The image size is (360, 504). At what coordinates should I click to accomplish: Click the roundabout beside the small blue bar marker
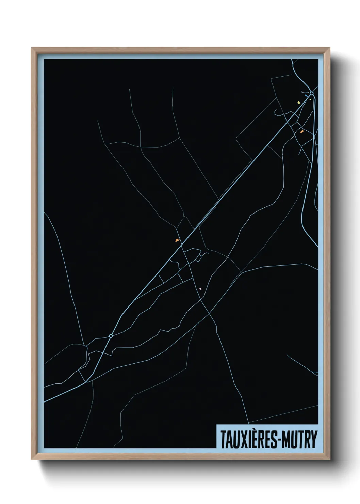tap(311, 93)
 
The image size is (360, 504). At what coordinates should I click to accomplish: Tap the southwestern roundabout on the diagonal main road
tap(111, 336)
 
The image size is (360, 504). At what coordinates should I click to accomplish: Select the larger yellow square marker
tap(299, 102)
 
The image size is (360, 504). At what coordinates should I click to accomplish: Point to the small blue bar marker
tap(306, 96)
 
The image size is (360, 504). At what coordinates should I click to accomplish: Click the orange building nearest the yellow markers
tap(301, 131)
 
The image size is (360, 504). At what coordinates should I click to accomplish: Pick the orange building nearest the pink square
tap(177, 240)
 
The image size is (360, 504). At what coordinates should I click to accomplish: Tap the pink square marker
tap(200, 289)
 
